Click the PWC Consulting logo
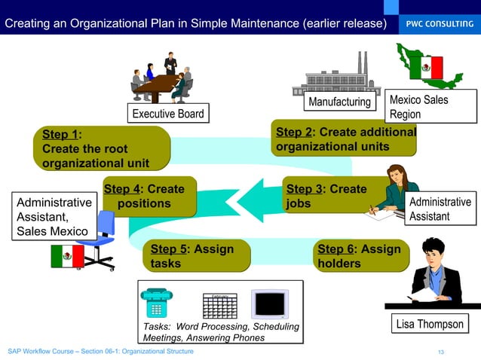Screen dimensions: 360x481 440,24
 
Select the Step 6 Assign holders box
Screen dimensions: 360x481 363,256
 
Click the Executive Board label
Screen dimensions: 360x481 167,114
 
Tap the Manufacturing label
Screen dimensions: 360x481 340,102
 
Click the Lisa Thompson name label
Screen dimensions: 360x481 430,325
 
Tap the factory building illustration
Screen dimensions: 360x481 341,75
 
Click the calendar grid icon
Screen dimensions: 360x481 219,305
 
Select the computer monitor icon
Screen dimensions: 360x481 269,304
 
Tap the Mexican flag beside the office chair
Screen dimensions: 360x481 67,256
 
